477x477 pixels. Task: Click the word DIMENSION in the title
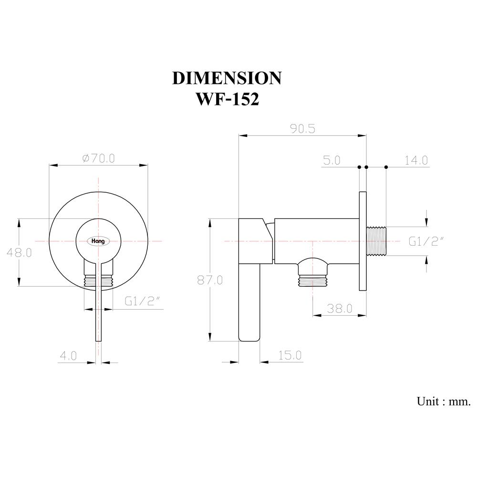[227, 78]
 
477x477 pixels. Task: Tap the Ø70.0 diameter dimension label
[98, 158]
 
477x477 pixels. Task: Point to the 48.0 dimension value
[19, 253]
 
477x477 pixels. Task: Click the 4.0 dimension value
[68, 356]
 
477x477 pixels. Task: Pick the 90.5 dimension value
[302, 129]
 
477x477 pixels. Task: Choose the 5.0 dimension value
[332, 160]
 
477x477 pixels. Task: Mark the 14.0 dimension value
[416, 160]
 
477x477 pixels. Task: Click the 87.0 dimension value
[210, 280]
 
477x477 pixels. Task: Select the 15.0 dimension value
[290, 355]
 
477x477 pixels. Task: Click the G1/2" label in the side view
[426, 241]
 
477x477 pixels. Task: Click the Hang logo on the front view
[99, 241]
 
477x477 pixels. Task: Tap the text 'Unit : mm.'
[443, 401]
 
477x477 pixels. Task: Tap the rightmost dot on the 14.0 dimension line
[386, 167]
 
